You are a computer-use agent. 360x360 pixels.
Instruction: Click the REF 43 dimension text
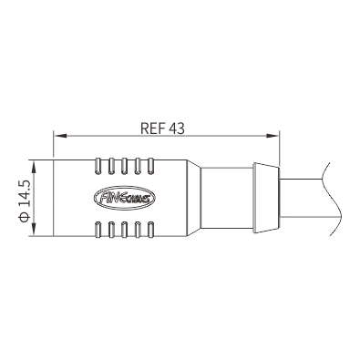point(162,129)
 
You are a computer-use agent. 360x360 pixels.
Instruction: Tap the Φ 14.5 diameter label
point(25,201)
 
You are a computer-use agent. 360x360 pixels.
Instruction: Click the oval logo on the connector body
point(125,198)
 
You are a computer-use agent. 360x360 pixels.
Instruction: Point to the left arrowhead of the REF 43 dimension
point(60,136)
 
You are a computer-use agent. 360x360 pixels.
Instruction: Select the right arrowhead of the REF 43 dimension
point(273,136)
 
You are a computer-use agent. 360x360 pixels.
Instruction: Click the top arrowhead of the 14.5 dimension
point(34,167)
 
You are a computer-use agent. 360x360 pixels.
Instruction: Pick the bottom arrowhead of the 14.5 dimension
point(34,229)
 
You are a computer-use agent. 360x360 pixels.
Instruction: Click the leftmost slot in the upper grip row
point(98,166)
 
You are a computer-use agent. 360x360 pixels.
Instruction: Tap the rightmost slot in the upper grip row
point(150,166)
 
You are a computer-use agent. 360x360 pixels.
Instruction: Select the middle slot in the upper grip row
point(124,166)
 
